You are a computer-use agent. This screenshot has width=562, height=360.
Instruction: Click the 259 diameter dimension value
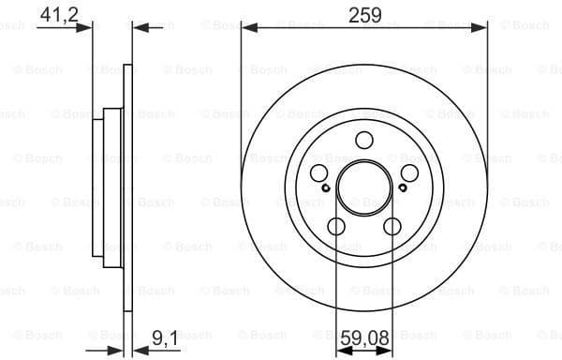pyautogui.click(x=364, y=14)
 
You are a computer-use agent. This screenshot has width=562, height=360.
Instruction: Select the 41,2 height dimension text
pyautogui.click(x=58, y=14)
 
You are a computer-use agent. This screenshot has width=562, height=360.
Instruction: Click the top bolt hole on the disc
pyautogui.click(x=363, y=141)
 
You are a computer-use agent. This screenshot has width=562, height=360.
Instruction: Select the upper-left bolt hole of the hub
pyautogui.click(x=318, y=173)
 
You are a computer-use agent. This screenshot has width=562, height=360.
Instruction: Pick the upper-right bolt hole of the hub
pyautogui.click(x=409, y=173)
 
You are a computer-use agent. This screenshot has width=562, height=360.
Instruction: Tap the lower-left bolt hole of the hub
pyautogui.click(x=335, y=226)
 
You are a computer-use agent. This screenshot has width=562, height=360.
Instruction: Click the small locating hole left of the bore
pyautogui.click(x=324, y=187)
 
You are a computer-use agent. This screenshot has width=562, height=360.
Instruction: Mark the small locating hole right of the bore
pyautogui.click(x=403, y=187)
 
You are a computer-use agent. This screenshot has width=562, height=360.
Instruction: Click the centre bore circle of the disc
pyautogui.click(x=363, y=187)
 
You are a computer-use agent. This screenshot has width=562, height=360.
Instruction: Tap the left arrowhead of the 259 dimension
pyautogui.click(x=247, y=27)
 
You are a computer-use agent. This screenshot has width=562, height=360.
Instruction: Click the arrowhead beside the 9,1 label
pyautogui.click(x=131, y=349)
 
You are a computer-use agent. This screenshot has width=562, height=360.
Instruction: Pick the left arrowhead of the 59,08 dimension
pyautogui.click(x=341, y=349)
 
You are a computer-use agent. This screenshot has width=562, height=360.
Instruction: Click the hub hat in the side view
pyautogui.click(x=112, y=187)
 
